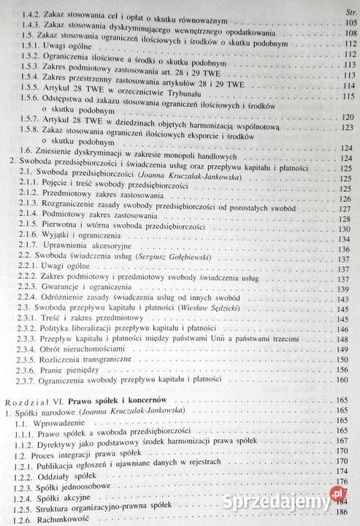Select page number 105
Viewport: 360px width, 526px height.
pyautogui.click(x=345, y=23)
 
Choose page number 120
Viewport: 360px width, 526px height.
pyautogui.click(x=345, y=117)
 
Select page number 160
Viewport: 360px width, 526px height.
pyautogui.click(x=345, y=379)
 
